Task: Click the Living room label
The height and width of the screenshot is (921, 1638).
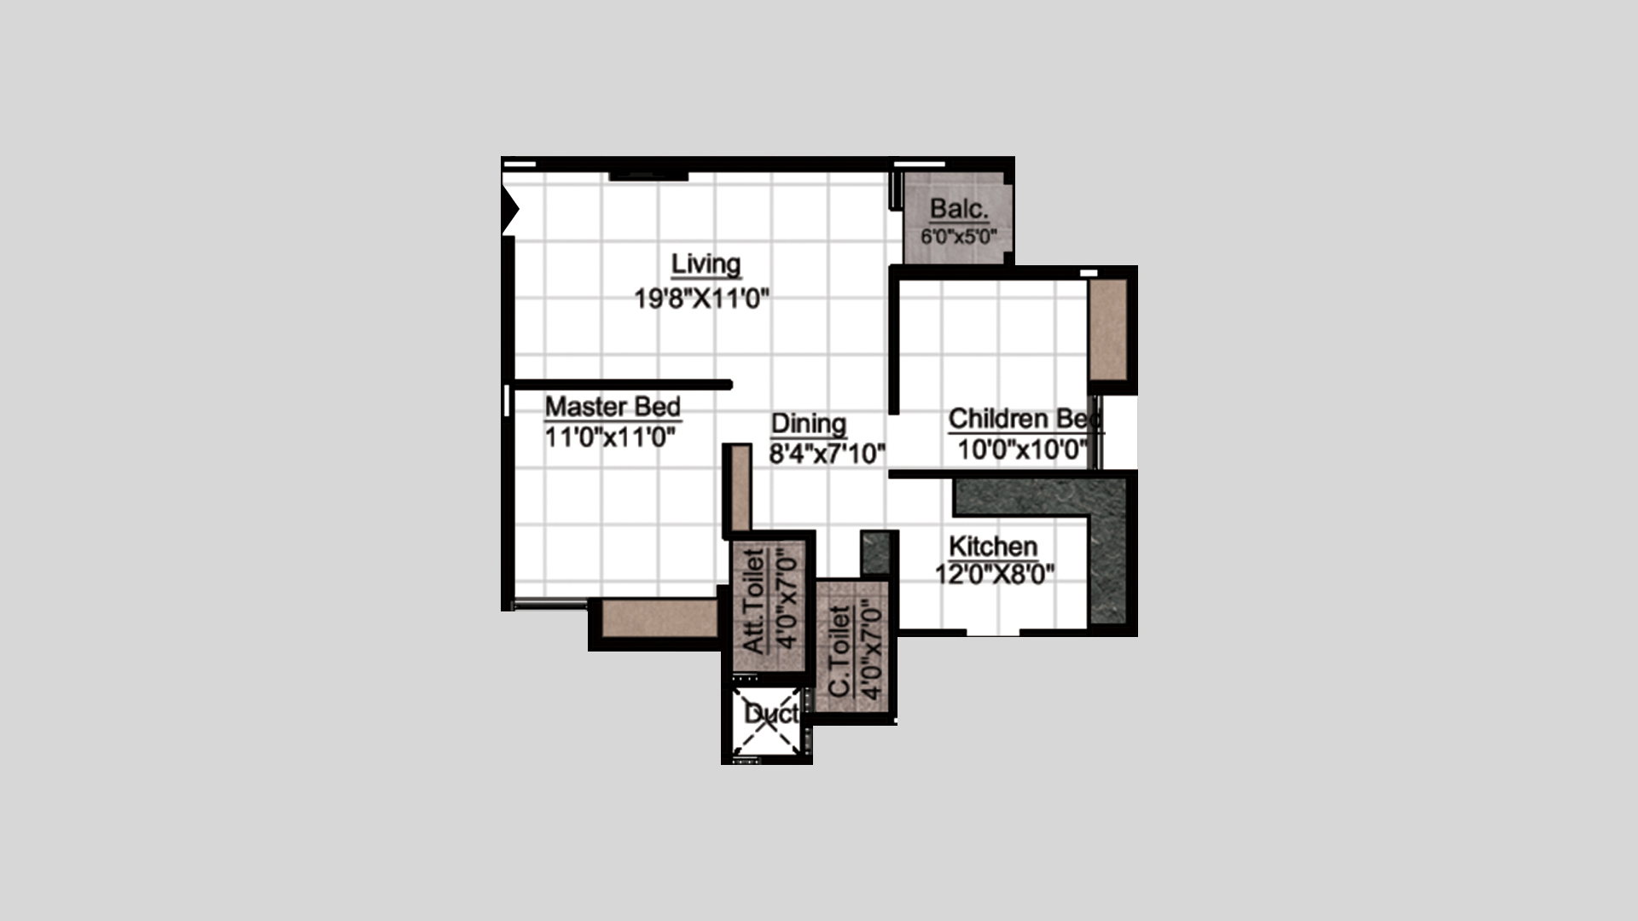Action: [706, 264]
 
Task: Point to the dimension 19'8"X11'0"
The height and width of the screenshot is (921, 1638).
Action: [702, 298]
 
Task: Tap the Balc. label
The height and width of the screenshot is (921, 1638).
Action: [959, 209]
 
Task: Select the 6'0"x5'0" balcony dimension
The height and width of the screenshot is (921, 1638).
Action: [959, 236]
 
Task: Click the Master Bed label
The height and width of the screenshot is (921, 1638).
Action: [613, 406]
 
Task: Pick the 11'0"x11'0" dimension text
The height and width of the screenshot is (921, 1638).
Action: [610, 437]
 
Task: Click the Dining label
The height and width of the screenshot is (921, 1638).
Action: [809, 424]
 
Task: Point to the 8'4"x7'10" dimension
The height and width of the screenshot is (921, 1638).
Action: [827, 454]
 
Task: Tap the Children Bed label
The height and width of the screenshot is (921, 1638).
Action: [1025, 419]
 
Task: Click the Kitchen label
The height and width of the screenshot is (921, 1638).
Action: [993, 546]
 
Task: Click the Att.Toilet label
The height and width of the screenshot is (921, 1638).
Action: [754, 602]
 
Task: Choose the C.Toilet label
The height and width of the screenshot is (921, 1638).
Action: [840, 651]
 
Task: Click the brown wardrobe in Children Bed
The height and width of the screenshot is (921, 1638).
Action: [1108, 329]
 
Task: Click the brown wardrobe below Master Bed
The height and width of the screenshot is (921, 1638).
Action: [659, 619]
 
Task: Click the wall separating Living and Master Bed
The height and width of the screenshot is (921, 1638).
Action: [622, 385]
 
